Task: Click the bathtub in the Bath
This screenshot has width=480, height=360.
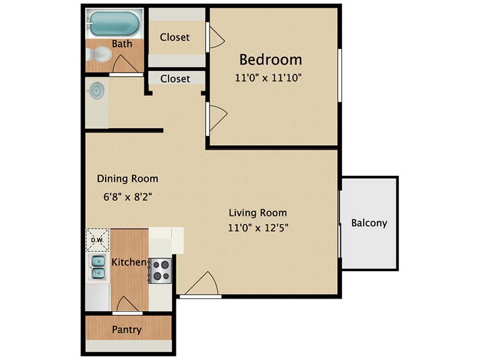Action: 115,23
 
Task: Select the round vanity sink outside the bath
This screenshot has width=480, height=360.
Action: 97,91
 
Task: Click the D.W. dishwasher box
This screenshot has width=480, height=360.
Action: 97,240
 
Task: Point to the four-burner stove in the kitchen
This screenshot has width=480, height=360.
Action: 160,271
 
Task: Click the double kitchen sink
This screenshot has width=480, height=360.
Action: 98,267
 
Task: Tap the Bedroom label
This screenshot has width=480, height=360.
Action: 271,59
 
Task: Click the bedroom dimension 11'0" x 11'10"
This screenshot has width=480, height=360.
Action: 268,78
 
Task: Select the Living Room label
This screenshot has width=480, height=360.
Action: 258,213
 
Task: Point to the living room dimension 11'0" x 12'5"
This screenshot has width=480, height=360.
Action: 258,228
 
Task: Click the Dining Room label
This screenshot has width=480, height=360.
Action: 128,178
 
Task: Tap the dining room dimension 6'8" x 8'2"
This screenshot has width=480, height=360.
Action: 128,197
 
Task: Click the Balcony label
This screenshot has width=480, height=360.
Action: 369,223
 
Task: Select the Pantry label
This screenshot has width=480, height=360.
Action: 127,329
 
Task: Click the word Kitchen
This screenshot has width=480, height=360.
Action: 129,262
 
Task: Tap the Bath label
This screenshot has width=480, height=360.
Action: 122,44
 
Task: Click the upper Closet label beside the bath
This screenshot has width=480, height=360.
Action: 175,37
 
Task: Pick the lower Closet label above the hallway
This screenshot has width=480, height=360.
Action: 175,79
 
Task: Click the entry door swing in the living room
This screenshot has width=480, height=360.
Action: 202,283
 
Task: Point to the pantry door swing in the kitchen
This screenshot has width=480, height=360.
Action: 128,304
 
